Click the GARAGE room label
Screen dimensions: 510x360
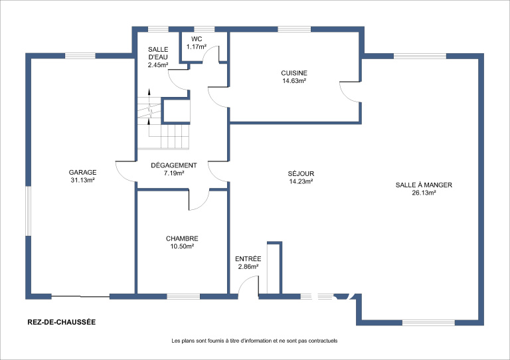[x=82, y=172]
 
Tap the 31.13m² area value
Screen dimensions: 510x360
[x=82, y=180]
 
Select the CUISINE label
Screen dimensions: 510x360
[x=294, y=73]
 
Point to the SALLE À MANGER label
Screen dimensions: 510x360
[x=424, y=185]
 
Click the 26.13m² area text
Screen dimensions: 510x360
[x=424, y=193]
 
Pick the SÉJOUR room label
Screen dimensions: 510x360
[x=301, y=173]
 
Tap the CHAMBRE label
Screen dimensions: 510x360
[x=182, y=238]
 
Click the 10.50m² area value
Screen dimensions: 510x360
[x=182, y=246]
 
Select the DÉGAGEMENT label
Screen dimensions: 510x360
[x=174, y=165]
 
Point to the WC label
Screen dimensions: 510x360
[x=197, y=39]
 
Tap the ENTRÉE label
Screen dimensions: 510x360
[x=248, y=259]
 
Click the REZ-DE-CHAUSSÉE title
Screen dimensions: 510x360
[x=62, y=322]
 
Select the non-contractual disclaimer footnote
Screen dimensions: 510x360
[x=254, y=341]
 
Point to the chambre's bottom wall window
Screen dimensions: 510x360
[x=183, y=296]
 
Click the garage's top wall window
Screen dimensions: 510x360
[x=80, y=56]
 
